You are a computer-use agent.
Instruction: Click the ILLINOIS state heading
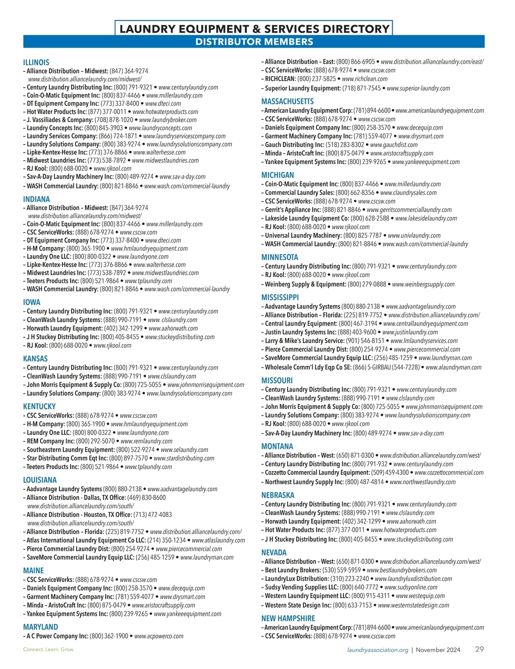36,62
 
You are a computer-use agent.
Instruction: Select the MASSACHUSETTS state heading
287,101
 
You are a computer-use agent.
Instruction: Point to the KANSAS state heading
35,359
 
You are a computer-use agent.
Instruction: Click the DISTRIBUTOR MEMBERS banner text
254,42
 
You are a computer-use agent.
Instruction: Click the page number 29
479,649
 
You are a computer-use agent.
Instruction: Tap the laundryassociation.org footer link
378,650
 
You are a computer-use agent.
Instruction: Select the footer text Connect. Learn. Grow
48,649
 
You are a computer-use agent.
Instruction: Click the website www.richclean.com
364,79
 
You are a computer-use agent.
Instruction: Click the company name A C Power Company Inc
57,636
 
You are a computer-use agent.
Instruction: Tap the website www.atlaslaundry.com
218,540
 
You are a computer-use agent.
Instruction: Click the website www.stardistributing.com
184,458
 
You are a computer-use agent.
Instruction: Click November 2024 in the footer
438,650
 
